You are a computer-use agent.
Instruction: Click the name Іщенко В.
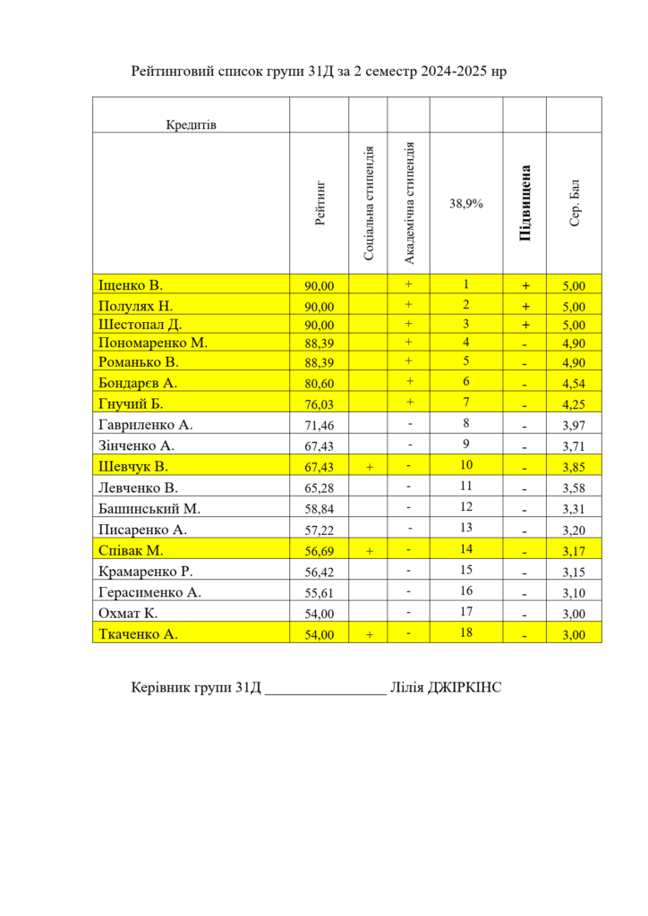tap(130, 285)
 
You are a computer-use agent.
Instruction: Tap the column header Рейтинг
tap(320, 202)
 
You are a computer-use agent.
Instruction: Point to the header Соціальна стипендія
tap(368, 202)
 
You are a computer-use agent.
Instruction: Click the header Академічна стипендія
tap(409, 202)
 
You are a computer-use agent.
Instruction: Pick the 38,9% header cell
tap(466, 204)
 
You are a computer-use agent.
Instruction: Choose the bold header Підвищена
tap(525, 202)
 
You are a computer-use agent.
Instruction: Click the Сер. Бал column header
tap(575, 202)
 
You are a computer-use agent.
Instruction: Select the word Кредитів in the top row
tap(191, 124)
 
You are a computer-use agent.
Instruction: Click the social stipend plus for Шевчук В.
tap(369, 467)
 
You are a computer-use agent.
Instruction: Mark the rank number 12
tap(466, 508)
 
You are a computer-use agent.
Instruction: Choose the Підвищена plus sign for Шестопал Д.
tap(525, 325)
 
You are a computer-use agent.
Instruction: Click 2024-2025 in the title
tap(448, 71)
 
